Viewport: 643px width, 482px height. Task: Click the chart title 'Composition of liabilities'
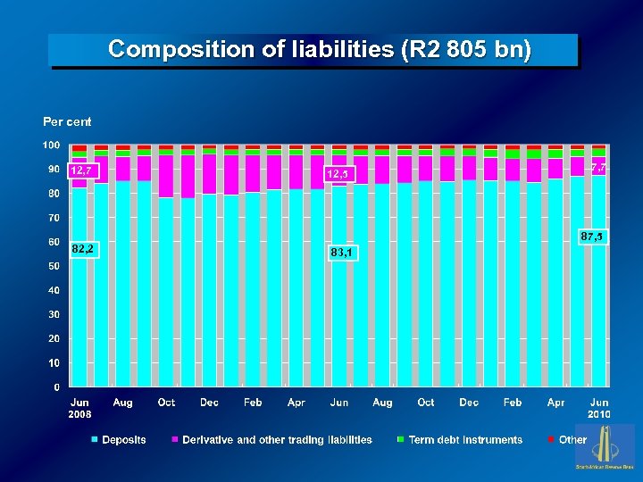click(319, 50)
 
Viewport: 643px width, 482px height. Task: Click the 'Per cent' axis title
click(68, 121)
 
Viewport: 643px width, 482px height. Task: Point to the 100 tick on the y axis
click(51, 145)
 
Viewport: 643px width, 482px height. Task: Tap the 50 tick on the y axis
click(54, 266)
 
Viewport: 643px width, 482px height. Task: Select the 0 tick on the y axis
click(57, 387)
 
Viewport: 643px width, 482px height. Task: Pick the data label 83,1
click(341, 253)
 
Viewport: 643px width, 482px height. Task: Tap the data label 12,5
click(340, 173)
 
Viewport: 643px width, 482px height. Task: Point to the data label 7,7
click(598, 167)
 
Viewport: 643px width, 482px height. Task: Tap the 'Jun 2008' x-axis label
click(79, 409)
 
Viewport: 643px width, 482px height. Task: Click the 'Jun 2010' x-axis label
click(599, 409)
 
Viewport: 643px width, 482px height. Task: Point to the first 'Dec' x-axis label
click(209, 403)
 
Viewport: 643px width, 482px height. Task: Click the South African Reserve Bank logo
click(605, 447)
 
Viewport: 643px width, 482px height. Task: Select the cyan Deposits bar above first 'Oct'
click(165, 295)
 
